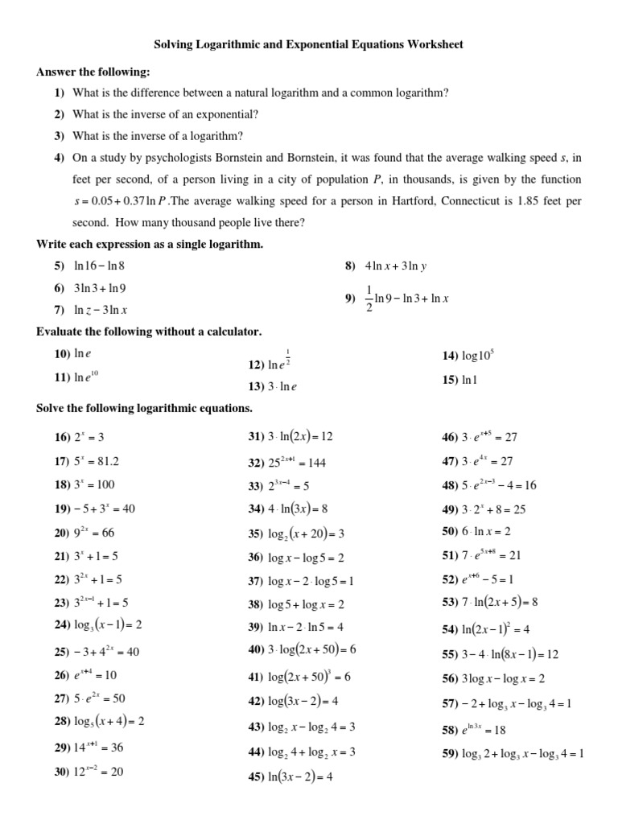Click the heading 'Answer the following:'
[93, 72]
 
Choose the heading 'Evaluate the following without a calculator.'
[148, 332]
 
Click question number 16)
[63, 437]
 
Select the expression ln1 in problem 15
[470, 380]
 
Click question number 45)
[256, 777]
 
